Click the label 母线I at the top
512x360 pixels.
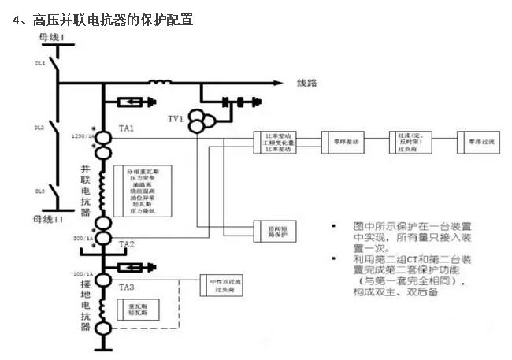pos(53,37)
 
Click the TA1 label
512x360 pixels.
pos(126,128)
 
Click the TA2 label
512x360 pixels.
pos(127,245)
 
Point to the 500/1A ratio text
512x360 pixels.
pos(85,237)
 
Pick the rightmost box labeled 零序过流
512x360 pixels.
pos(480,142)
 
